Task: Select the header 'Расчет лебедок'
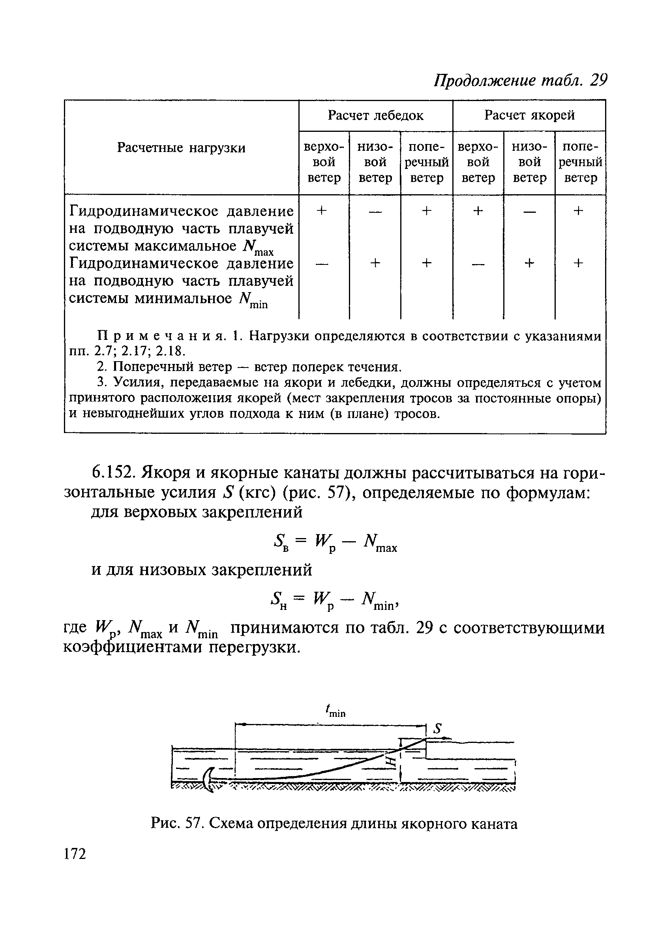click(375, 116)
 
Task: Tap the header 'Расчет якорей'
click(529, 116)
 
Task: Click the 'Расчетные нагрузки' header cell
click(181, 148)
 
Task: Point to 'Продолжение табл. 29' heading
click(521, 81)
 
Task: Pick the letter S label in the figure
click(438, 729)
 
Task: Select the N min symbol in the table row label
click(253, 300)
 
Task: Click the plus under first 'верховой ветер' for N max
click(323, 210)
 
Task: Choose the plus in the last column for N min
click(579, 263)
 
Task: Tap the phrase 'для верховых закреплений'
click(197, 512)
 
